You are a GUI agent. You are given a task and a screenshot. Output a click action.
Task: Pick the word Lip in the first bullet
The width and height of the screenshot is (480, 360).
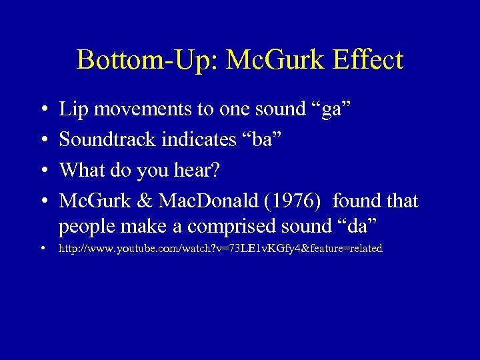71,110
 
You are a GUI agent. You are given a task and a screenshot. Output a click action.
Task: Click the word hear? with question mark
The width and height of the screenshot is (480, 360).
199,170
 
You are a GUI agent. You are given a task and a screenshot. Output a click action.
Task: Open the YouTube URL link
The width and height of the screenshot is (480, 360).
221,249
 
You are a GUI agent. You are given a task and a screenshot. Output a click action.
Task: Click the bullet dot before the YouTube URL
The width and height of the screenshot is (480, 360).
43,249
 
